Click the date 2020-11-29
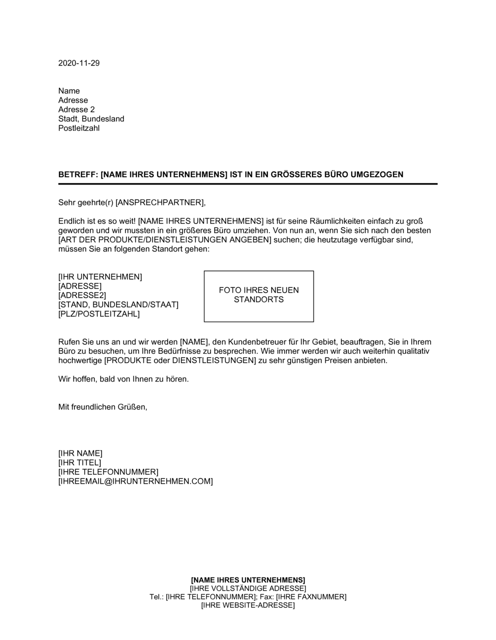[x=79, y=63]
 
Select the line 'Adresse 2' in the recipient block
[x=76, y=110]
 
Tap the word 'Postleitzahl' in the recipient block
[x=79, y=128]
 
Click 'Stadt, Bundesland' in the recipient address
[x=91, y=119]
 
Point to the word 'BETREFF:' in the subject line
[x=78, y=175]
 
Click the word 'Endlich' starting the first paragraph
[x=71, y=221]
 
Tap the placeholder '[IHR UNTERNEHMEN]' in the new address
[x=100, y=277]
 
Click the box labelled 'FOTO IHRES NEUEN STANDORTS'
[x=259, y=296]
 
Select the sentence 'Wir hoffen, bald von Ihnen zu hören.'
[x=124, y=380]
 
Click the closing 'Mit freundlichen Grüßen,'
[x=103, y=407]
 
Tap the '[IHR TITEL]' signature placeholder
[x=79, y=463]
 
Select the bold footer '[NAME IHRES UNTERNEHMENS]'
[x=248, y=580]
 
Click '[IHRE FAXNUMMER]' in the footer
[x=311, y=597]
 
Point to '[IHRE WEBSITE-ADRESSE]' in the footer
[x=248, y=605]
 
